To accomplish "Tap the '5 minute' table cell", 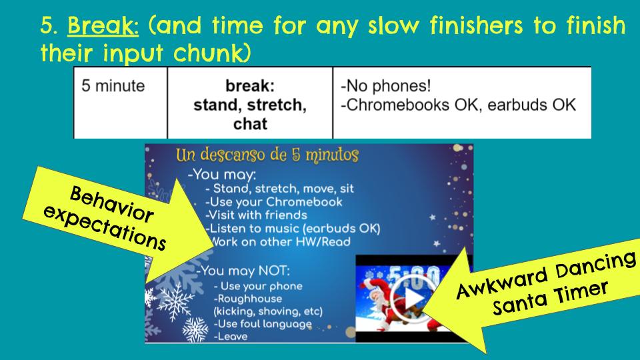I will [113, 87].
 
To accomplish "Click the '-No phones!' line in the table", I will [385, 87].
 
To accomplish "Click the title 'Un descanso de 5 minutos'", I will [267, 156].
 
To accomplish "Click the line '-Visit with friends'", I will [256, 215].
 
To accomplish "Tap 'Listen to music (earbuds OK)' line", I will [293, 229].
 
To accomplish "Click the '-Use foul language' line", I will [263, 324].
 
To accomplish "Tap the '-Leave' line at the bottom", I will [230, 337].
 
